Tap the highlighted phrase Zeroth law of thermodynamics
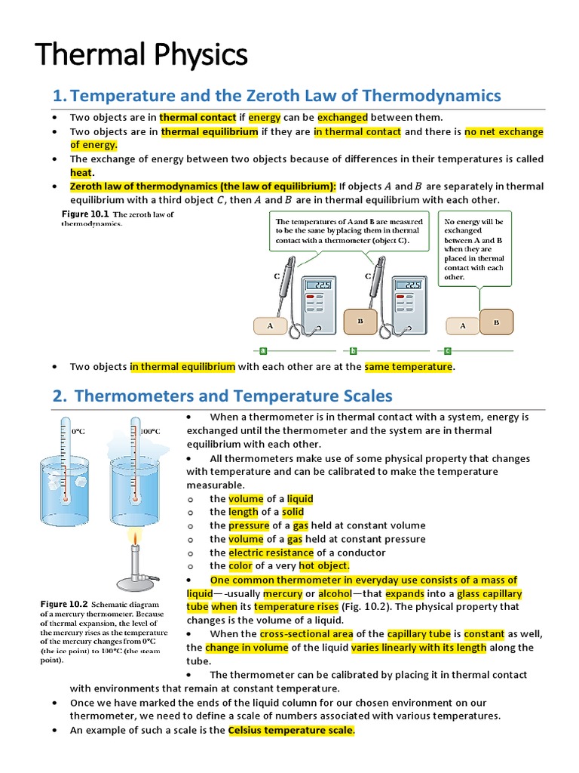pyautogui.click(x=203, y=186)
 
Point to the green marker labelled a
pyautogui.click(x=263, y=350)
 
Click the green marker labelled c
pyautogui.click(x=447, y=350)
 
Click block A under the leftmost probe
pyautogui.click(x=269, y=325)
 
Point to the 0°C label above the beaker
pyautogui.click(x=79, y=431)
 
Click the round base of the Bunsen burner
pyautogui.click(x=136, y=584)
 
